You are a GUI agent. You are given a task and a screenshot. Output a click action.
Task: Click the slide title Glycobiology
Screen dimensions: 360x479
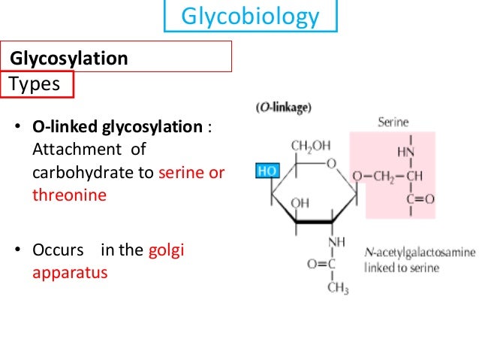click(251, 17)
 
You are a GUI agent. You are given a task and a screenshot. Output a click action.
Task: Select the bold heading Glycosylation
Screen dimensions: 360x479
click(68, 58)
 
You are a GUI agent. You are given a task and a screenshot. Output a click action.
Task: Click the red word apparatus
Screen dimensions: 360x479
click(70, 272)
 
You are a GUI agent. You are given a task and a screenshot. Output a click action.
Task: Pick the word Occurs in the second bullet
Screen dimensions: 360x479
click(57, 250)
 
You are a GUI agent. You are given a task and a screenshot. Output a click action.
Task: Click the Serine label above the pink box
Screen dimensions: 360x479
click(392, 120)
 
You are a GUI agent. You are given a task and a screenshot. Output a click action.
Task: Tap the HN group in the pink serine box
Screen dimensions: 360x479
click(405, 153)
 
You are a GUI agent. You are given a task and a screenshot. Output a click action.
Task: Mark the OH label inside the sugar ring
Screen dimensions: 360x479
click(300, 202)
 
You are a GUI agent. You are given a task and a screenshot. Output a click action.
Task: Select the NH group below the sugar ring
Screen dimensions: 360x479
click(336, 241)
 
